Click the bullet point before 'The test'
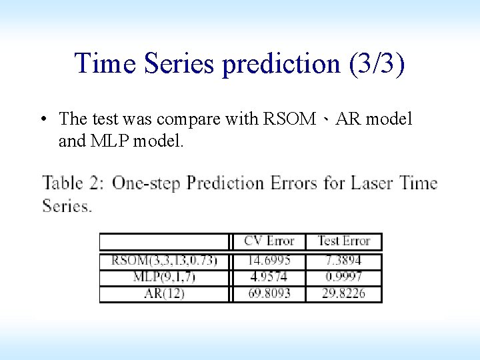(x=42, y=119)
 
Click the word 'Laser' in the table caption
(x=373, y=183)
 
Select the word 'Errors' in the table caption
(x=294, y=183)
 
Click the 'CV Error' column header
(x=269, y=241)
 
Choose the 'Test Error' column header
(x=343, y=241)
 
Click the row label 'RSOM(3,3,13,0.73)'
(x=164, y=260)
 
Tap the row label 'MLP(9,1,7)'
(x=164, y=277)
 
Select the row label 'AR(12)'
(x=164, y=293)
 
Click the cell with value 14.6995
(x=269, y=260)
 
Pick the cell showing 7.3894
(x=343, y=260)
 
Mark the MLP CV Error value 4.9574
(x=269, y=277)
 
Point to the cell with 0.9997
(x=343, y=277)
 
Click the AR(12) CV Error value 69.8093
(x=269, y=293)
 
